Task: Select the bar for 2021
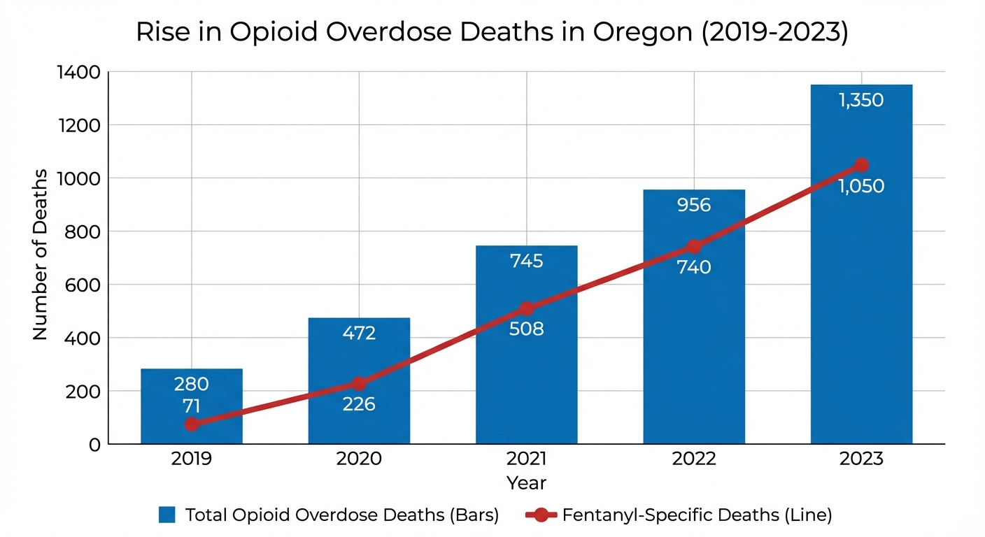pos(526,392)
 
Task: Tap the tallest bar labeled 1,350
pos(861,280)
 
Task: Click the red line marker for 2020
pos(359,383)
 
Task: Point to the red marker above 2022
pos(694,246)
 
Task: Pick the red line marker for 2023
pos(861,165)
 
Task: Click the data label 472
pos(359,334)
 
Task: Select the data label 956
pos(694,205)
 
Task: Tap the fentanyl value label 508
pos(526,329)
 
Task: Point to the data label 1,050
pos(861,187)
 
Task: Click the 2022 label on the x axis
pos(694,459)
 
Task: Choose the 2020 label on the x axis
pos(359,459)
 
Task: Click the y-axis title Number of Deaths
pos(40,255)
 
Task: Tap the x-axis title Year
pos(526,482)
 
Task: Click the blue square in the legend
pos(166,515)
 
